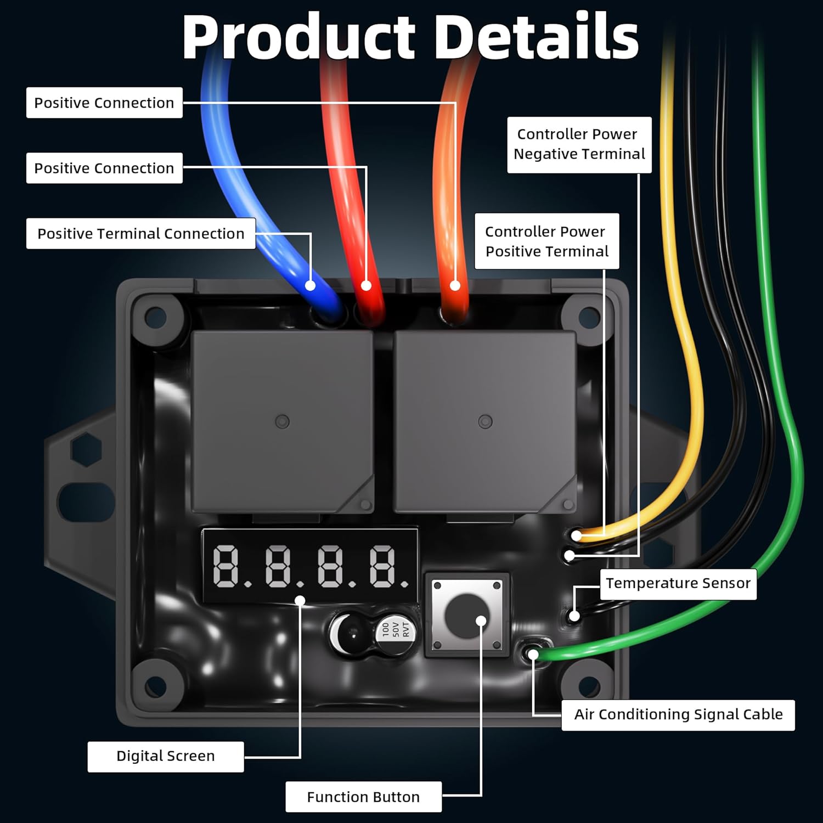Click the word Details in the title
click(x=539, y=37)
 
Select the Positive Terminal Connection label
click(x=140, y=234)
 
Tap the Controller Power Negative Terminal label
click(x=579, y=144)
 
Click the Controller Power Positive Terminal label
click(x=546, y=241)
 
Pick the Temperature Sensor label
click(x=678, y=583)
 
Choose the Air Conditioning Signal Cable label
click(x=678, y=714)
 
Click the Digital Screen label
click(x=165, y=756)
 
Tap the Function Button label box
click(x=363, y=797)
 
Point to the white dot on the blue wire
click(x=310, y=285)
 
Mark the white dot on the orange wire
click(x=455, y=285)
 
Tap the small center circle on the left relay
click(x=282, y=421)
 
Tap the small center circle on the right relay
click(x=485, y=421)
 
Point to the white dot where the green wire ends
click(x=533, y=654)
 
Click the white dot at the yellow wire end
click(x=577, y=535)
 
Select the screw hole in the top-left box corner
click(x=155, y=317)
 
